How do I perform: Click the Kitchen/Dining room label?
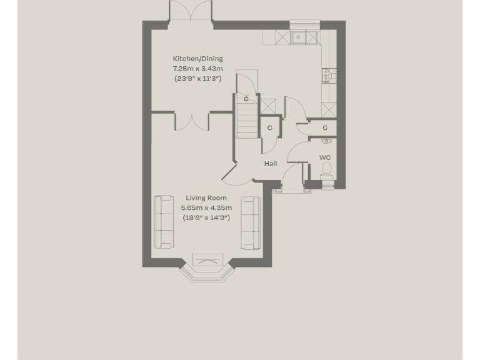click(x=197, y=59)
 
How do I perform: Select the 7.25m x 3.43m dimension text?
click(x=197, y=69)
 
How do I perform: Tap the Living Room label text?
click(x=206, y=198)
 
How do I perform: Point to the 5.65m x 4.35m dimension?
click(x=206, y=208)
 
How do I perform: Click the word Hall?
click(x=271, y=164)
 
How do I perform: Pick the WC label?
click(x=325, y=157)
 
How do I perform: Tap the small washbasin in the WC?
click(x=326, y=141)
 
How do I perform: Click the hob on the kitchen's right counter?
click(x=328, y=76)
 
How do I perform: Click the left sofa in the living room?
click(x=164, y=221)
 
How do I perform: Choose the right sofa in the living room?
click(x=251, y=222)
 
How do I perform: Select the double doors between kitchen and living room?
click(x=191, y=121)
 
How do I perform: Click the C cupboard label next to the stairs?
click(x=270, y=128)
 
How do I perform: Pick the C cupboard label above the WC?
click(x=325, y=128)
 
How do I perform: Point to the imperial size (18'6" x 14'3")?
click(x=206, y=218)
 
